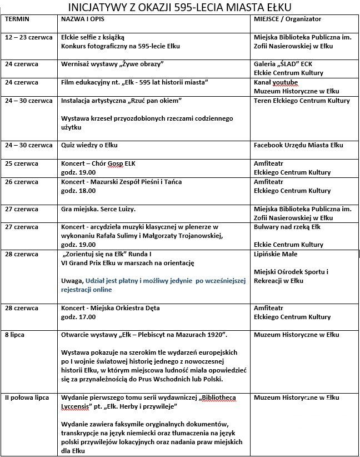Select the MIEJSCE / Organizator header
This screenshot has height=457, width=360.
point(287,18)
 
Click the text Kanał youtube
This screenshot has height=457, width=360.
point(276,82)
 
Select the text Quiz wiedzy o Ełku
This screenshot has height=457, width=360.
point(89,145)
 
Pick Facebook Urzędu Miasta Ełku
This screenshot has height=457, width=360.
point(298,145)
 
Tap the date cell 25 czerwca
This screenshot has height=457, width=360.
point(22,163)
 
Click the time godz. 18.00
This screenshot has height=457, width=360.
point(78,191)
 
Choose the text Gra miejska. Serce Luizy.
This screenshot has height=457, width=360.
point(98,209)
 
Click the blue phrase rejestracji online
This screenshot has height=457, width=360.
point(87,290)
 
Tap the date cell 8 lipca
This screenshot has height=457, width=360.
point(15,335)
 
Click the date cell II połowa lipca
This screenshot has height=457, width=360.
point(27,398)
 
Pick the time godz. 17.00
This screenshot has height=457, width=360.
point(78,317)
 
